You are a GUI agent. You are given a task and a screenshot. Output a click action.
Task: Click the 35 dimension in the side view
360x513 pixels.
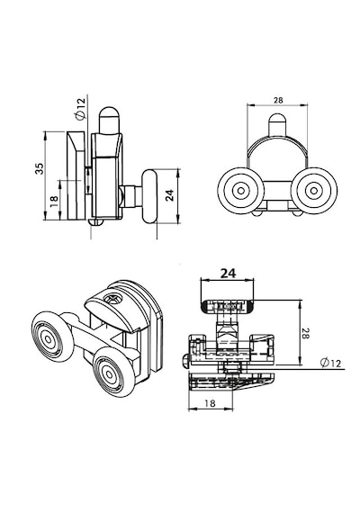(x=40, y=168)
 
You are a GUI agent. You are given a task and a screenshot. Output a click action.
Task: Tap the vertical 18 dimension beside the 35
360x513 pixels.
(x=54, y=201)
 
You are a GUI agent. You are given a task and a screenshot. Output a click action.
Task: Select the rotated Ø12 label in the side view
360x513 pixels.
(x=80, y=109)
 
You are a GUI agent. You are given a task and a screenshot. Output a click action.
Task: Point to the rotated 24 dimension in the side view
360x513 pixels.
(x=169, y=195)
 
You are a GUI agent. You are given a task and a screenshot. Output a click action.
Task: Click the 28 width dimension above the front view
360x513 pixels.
(x=278, y=101)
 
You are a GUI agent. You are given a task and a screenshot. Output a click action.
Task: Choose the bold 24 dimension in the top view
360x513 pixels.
(x=228, y=274)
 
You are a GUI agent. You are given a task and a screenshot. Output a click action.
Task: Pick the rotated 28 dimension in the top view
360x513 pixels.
(x=305, y=333)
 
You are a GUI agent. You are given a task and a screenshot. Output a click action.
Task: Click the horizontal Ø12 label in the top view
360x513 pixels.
(x=331, y=363)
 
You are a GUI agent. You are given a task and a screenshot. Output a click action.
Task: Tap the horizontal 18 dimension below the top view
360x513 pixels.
(x=210, y=403)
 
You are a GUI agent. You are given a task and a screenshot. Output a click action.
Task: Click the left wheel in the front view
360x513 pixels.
(x=241, y=191)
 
